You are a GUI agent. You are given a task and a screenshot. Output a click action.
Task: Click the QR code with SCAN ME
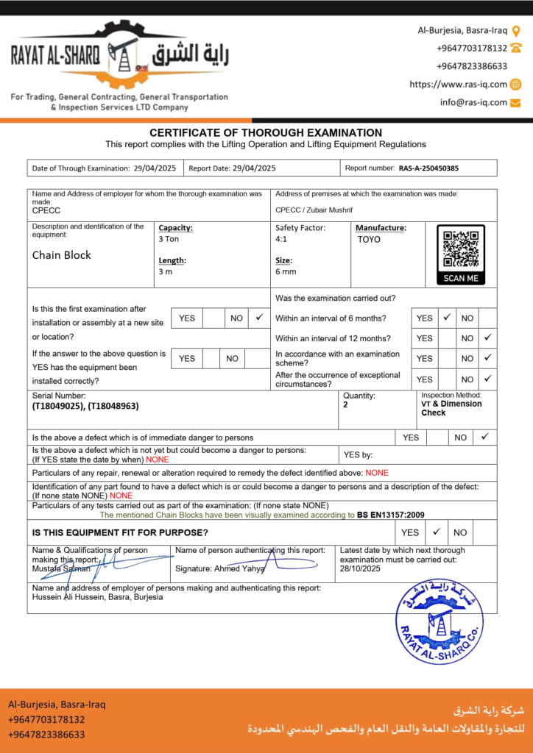pyautogui.click(x=461, y=254)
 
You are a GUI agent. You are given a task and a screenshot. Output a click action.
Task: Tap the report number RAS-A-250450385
pyautogui.click(x=428, y=168)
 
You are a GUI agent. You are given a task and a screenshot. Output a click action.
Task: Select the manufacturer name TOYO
pyautogui.click(x=369, y=239)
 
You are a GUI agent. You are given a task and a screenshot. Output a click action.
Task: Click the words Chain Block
pyautogui.click(x=62, y=255)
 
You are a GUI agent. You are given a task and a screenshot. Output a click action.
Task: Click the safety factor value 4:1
pyautogui.click(x=282, y=239)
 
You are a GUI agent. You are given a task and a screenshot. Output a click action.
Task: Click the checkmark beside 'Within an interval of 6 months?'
pyautogui.click(x=446, y=318)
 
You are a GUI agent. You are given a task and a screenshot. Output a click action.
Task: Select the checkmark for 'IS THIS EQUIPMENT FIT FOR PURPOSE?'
pyautogui.click(x=437, y=532)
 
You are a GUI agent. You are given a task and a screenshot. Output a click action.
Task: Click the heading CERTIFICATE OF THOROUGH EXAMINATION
pyautogui.click(x=266, y=133)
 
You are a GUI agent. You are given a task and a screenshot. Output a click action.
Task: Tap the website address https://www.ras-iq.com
pyautogui.click(x=458, y=85)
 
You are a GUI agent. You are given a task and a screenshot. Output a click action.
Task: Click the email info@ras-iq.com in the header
pyautogui.click(x=473, y=103)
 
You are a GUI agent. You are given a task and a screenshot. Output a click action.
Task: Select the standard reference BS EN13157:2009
pyautogui.click(x=391, y=515)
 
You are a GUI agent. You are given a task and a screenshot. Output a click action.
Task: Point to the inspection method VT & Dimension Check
pyautogui.click(x=451, y=408)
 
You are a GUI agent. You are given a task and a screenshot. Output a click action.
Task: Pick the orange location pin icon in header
pyautogui.click(x=516, y=31)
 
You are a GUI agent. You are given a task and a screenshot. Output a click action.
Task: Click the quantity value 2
pyautogui.click(x=345, y=405)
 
